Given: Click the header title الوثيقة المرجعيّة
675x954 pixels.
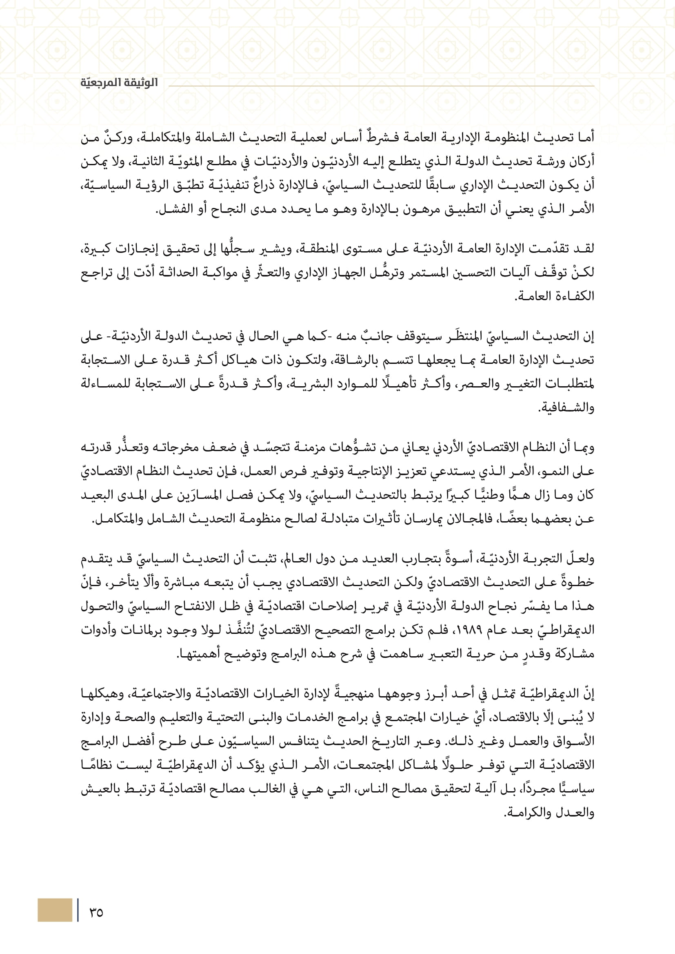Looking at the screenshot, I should pyautogui.click(x=119, y=83).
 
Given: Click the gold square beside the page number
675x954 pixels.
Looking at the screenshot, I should pyautogui.click(x=55, y=910).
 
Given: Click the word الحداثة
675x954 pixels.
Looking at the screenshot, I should pyautogui.click(x=179, y=272).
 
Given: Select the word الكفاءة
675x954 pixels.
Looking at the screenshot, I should pyautogui.click(x=577, y=296).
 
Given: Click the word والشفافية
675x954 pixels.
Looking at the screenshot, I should pyautogui.click(x=566, y=407).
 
